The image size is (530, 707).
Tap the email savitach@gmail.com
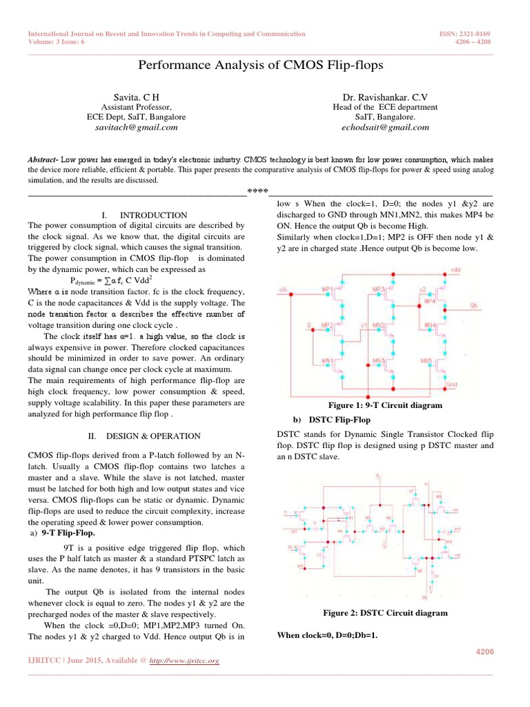point(136,127)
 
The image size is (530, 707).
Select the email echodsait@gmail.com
point(385,127)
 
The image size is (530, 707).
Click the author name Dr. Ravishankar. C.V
point(385,97)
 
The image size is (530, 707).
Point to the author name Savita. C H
point(136,97)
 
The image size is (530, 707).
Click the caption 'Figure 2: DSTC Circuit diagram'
point(385,612)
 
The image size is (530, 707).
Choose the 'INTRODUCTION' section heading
point(153,215)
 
